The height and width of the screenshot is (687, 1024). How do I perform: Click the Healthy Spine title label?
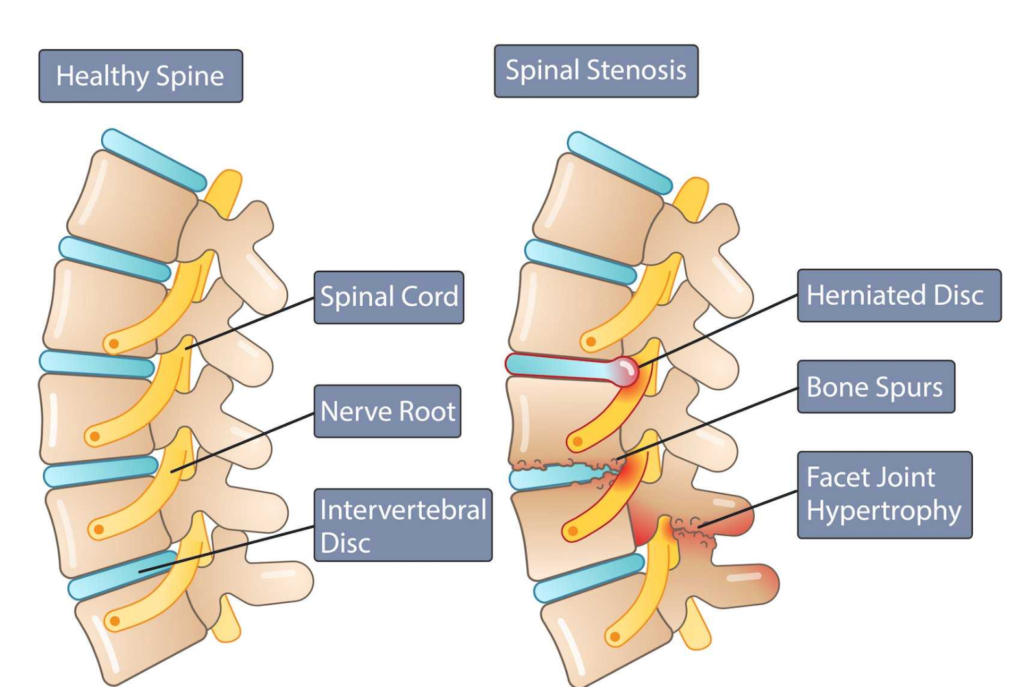coord(140,76)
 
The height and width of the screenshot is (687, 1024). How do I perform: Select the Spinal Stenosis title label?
coord(596,71)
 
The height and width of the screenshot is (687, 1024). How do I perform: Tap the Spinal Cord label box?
coord(389,297)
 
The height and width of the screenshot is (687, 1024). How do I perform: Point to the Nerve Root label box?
coord(387,411)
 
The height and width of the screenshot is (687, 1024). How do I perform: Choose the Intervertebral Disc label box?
coord(403,525)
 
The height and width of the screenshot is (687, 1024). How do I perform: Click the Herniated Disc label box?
coord(899,295)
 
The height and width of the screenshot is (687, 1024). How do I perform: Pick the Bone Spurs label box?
coord(875,387)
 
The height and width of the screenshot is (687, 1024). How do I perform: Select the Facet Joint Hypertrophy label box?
coord(884,495)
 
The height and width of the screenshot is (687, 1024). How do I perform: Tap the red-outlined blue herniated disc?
coord(558,367)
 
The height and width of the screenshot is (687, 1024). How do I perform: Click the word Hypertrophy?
coord(884,511)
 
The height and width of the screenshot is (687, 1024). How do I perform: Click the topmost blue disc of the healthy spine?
coord(154,160)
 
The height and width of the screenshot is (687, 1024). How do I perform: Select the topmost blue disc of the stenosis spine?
coord(620,163)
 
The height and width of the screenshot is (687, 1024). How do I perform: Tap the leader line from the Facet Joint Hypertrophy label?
coord(750,508)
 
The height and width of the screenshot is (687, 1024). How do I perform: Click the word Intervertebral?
coord(403,510)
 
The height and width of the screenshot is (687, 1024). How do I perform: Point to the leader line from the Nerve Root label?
coord(243,442)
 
